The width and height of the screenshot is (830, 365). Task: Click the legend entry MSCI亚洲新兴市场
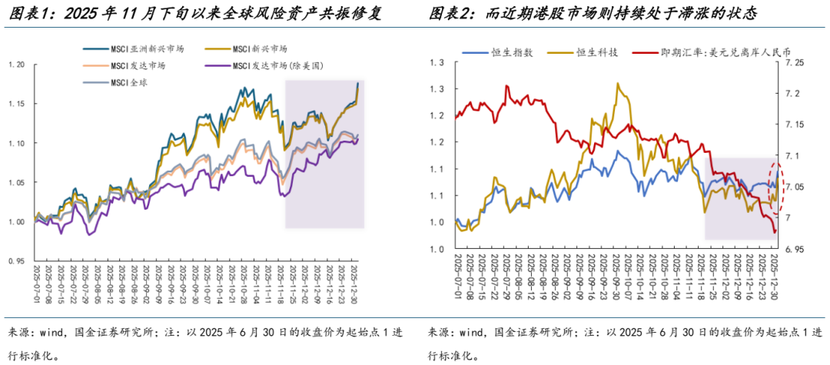[x=128, y=49]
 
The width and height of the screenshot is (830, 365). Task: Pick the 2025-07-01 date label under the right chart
[x=457, y=286]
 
